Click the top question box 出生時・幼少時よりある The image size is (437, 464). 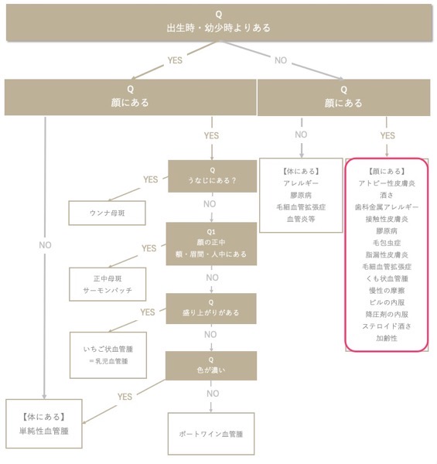[219, 22]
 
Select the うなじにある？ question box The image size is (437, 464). [212, 176]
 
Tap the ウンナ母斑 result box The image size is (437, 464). [107, 213]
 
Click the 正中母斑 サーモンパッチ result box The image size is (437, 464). [108, 285]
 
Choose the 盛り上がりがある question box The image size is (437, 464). [211, 309]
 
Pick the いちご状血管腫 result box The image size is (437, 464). [108, 355]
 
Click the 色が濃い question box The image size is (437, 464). [211, 366]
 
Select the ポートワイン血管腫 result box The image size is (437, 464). [211, 434]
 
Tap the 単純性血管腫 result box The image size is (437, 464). [44, 424]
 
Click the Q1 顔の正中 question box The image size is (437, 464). [211, 244]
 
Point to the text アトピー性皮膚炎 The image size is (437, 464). [387, 183]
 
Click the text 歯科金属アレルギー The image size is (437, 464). [387, 207]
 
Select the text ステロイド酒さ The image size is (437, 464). [387, 326]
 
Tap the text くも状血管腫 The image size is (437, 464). [387, 278]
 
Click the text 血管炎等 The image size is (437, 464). [301, 219]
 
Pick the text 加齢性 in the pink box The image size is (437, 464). [387, 338]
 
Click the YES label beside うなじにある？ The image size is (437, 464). [151, 179]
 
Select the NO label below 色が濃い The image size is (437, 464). [213, 394]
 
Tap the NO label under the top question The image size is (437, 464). [281, 60]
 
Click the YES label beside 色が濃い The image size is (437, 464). [125, 397]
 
